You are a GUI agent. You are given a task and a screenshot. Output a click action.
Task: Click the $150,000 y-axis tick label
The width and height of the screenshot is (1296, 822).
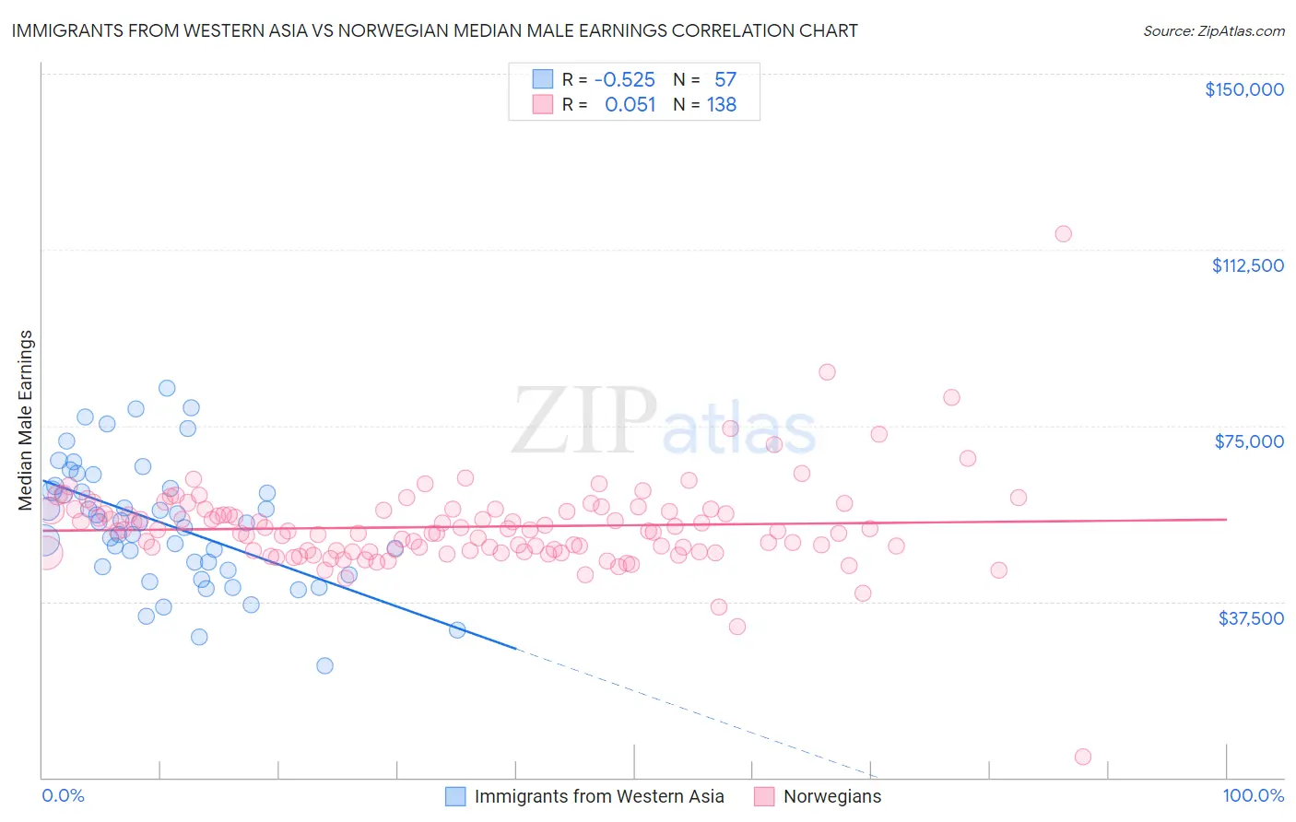1243,89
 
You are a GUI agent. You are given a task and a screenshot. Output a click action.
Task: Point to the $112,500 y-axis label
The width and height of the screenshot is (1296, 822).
1247,265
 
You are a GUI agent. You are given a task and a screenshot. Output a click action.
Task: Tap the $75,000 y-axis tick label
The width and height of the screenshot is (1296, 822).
1249,441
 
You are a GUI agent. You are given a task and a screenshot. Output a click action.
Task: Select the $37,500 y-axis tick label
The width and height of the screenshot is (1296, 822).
1251,618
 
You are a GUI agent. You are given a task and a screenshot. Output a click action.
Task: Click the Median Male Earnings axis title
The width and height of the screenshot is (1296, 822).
26,420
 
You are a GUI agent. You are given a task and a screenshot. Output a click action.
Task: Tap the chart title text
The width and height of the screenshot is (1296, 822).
434,30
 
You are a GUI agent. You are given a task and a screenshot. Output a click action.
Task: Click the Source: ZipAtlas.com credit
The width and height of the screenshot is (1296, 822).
1213,30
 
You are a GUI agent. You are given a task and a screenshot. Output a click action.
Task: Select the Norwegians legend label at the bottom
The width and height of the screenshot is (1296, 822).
831,797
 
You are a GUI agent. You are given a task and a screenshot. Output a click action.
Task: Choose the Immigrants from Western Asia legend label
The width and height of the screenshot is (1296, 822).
598,797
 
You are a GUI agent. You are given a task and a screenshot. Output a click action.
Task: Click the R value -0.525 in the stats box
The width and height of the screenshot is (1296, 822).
624,80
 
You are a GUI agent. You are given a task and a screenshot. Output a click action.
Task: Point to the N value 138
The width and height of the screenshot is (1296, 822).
722,105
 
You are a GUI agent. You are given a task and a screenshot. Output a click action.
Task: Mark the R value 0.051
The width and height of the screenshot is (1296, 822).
630,105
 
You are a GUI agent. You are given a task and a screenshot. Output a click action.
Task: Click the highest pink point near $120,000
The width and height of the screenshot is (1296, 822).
1063,234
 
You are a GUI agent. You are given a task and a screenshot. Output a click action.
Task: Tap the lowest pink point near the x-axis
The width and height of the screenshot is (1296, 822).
1083,757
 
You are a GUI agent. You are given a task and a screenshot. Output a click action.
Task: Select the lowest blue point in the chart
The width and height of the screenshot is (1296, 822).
324,665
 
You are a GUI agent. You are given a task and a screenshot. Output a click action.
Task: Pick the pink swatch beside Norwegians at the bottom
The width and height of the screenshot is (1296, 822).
763,797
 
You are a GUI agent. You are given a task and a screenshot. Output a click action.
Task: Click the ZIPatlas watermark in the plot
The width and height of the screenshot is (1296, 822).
664,421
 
